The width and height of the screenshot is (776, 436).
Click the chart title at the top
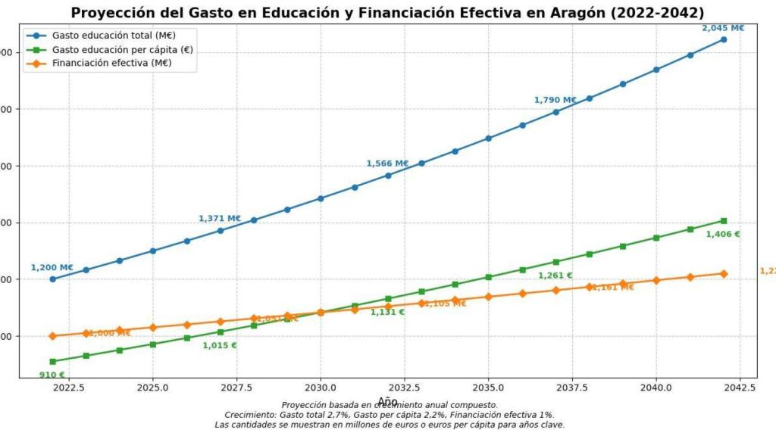(387, 13)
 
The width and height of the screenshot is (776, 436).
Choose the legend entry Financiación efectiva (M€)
(111, 63)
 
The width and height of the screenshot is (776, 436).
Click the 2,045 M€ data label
(723, 28)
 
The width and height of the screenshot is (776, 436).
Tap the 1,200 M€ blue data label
(52, 267)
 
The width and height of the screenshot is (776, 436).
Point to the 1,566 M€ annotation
(387, 163)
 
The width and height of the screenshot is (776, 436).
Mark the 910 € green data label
(52, 375)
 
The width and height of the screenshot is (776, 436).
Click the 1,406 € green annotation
(722, 235)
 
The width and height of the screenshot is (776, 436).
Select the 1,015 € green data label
(219, 346)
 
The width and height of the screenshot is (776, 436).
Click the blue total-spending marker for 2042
(724, 39)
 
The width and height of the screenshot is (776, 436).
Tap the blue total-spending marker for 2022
(52, 279)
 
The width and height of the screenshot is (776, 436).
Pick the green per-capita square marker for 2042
(724, 220)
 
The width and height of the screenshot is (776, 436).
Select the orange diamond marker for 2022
(52, 336)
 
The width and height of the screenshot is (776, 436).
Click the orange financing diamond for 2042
(724, 274)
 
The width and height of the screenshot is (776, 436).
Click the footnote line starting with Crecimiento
(389, 415)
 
